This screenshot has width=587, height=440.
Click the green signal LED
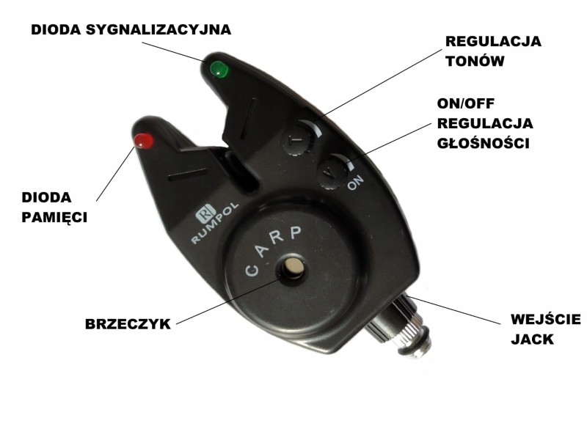click(x=219, y=70)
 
